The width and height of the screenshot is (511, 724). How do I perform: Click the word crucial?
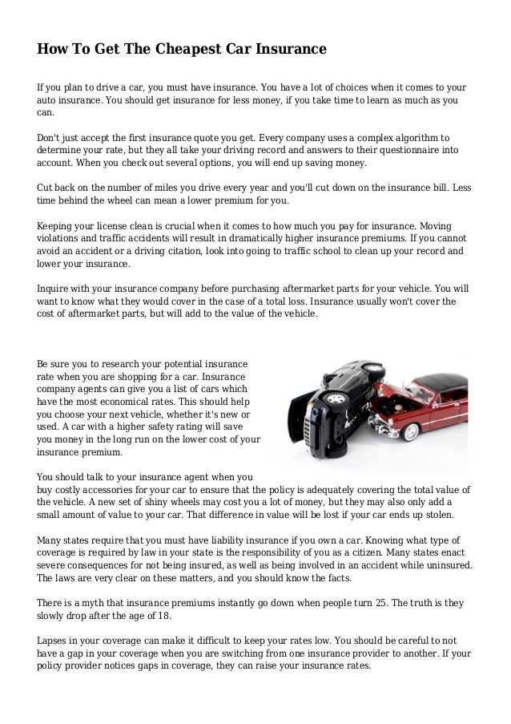pyautogui.click(x=173, y=226)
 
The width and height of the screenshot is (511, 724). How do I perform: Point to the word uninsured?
pyautogui.click(x=443, y=564)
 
